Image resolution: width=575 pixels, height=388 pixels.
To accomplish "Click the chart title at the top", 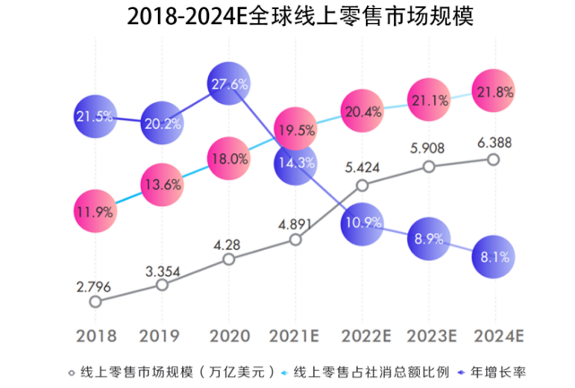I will pyautogui.click(x=287, y=17).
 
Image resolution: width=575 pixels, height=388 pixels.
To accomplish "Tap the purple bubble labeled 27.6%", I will pyautogui.click(x=230, y=84).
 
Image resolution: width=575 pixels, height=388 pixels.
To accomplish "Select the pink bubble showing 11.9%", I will pyautogui.click(x=95, y=211).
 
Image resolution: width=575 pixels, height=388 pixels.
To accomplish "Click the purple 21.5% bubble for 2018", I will pyautogui.click(x=95, y=116).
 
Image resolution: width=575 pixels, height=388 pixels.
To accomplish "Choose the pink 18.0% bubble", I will pyautogui.click(x=230, y=159).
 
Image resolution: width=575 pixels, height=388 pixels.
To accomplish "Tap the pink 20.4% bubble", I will pyautogui.click(x=362, y=112).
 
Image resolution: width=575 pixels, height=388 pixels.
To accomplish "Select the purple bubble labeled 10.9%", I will pyautogui.click(x=362, y=221).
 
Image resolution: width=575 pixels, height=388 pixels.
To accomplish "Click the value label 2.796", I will pyautogui.click(x=94, y=286).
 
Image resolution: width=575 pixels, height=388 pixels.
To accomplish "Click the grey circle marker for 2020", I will pyautogui.click(x=229, y=259).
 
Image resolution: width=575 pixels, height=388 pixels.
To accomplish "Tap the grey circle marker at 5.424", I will pyautogui.click(x=362, y=185).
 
